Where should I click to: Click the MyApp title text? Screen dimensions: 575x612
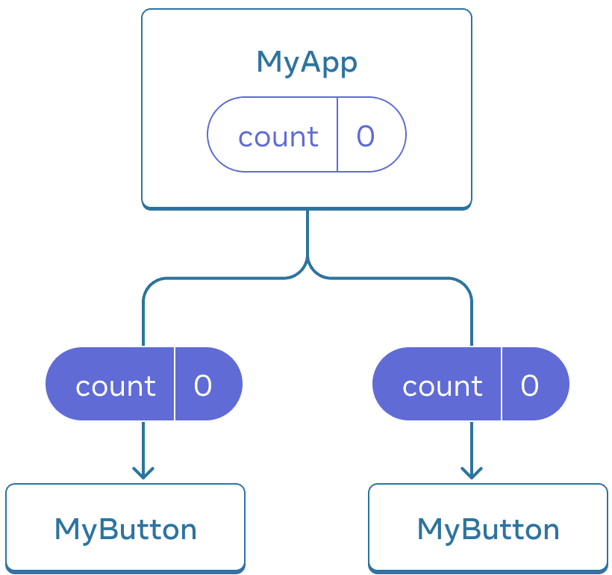point(306,63)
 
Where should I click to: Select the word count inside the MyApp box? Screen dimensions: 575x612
point(278,137)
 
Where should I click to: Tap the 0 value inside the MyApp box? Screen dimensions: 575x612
point(365,136)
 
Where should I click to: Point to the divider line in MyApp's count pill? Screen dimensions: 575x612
point(337,134)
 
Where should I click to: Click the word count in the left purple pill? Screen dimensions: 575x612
point(116,386)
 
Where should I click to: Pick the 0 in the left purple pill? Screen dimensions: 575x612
point(203,385)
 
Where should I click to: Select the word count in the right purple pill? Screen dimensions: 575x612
point(443,386)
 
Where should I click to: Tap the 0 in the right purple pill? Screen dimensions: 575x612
point(529,385)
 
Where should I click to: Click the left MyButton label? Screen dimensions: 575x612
point(125,529)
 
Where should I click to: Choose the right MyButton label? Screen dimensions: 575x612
point(488,529)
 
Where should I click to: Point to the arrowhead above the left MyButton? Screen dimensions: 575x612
point(143,473)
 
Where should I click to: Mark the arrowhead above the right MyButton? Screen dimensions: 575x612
point(471,473)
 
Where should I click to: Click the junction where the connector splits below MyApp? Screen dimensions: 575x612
point(307,267)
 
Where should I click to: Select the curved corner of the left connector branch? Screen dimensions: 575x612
point(149,285)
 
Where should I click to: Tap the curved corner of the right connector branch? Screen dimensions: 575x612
point(465,285)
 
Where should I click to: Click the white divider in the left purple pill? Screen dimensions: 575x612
point(175,384)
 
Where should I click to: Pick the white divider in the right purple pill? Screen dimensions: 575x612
point(502,384)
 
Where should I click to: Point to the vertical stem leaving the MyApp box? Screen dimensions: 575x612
point(307,231)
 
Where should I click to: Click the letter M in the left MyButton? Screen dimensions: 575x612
point(67,529)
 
